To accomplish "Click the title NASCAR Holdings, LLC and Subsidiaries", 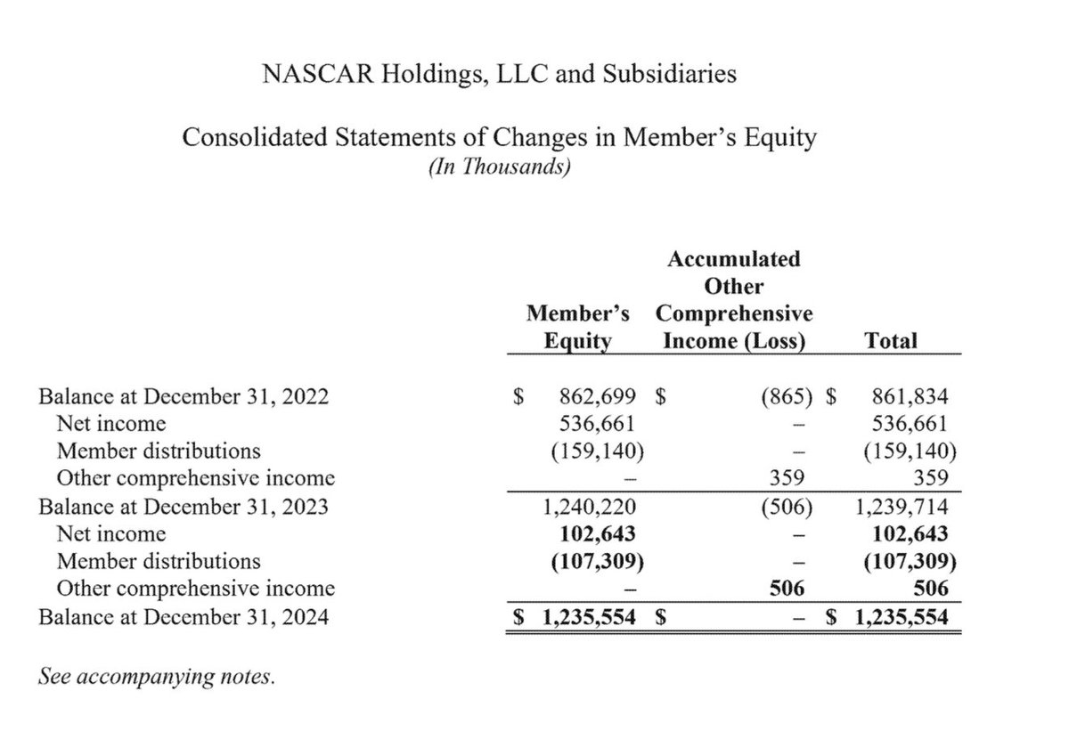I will tap(498, 74).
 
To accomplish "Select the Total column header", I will tap(891, 340).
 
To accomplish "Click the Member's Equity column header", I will tap(577, 327).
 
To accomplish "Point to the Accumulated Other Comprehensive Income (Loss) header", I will tap(733, 300).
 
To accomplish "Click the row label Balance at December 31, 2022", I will tap(184, 397).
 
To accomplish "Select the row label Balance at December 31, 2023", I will tap(184, 508).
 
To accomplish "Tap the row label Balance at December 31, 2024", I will tap(184, 615).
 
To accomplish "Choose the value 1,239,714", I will tap(901, 508).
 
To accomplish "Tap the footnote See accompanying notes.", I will tap(157, 678).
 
